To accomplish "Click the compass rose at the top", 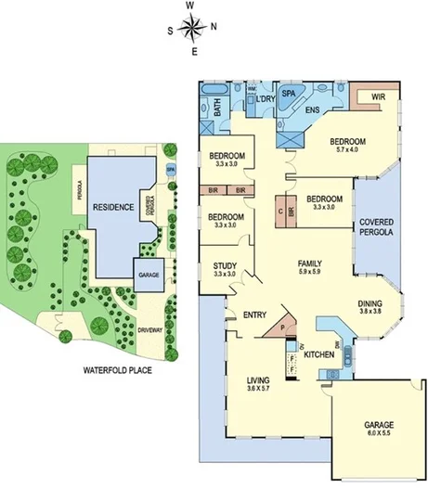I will (x=190, y=28).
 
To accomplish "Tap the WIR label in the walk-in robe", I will (x=378, y=96).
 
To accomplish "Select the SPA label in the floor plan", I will (x=288, y=95).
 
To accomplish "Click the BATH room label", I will (x=216, y=109).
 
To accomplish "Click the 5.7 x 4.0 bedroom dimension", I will (x=352, y=149).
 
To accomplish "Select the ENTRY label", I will (x=255, y=316).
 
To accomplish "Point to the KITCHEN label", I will (x=319, y=355).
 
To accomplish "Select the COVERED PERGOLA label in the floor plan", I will (x=376, y=226).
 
